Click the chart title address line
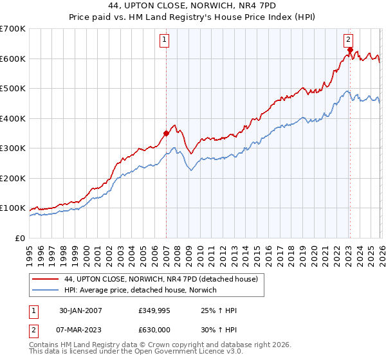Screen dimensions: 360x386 tap(192, 6)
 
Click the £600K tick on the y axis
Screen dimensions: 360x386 tap(13, 59)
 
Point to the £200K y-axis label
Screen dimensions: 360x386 tap(13, 178)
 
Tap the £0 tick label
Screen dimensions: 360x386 tap(21, 238)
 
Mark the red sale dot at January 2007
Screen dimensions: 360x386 tap(166, 134)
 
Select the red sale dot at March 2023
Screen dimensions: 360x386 tap(349, 50)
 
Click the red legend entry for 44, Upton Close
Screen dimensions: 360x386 tap(161, 279)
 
